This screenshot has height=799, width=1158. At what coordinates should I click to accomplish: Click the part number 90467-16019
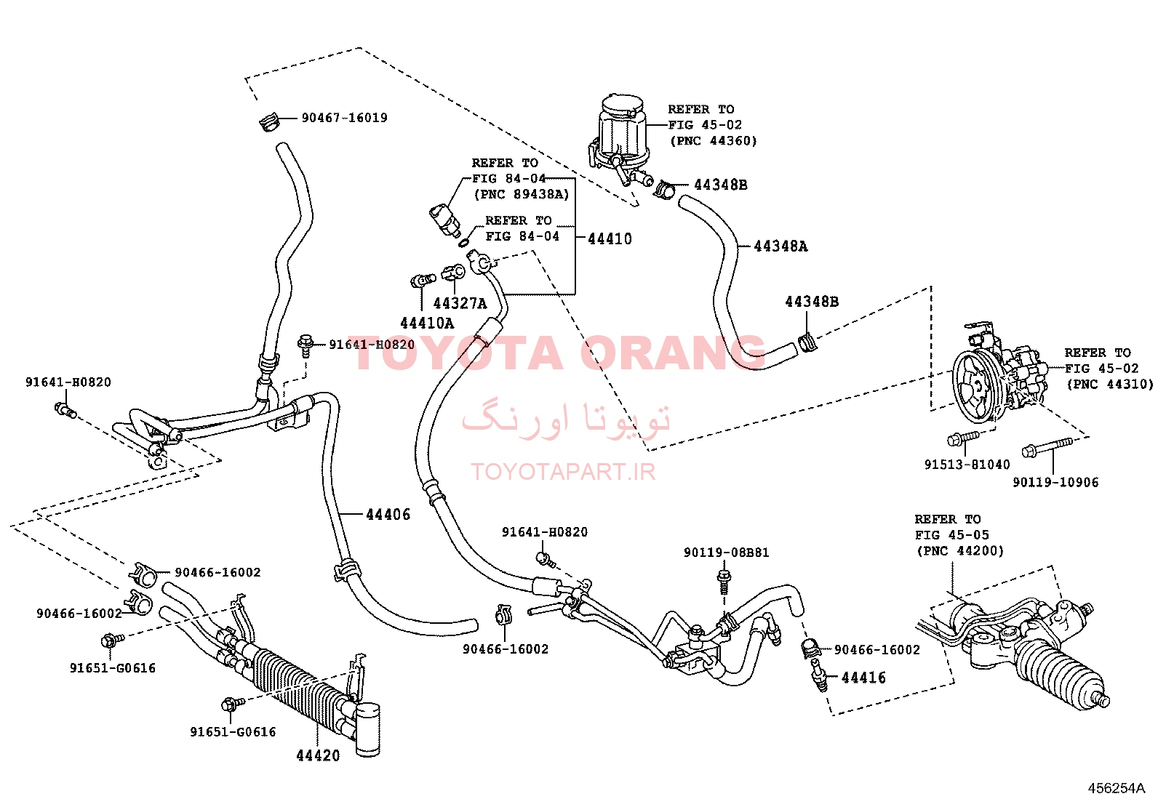pyautogui.click(x=344, y=118)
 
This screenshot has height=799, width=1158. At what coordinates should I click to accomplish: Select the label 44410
pyautogui.click(x=610, y=238)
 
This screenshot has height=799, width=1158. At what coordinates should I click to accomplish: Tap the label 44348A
pyautogui.click(x=780, y=246)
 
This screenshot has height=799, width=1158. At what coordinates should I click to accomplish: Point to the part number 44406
pyautogui.click(x=388, y=514)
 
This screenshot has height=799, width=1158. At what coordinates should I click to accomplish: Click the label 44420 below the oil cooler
pyautogui.click(x=318, y=755)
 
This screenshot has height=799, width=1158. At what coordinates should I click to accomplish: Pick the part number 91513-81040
pyautogui.click(x=967, y=465)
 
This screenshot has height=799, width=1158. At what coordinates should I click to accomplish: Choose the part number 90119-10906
pyautogui.click(x=1055, y=482)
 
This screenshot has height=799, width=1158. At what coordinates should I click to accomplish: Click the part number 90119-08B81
pyautogui.click(x=727, y=553)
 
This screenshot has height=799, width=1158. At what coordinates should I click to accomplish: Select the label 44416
pyautogui.click(x=863, y=678)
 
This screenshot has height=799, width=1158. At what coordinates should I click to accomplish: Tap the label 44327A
pyautogui.click(x=460, y=303)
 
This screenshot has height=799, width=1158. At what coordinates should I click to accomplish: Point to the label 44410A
pyautogui.click(x=427, y=323)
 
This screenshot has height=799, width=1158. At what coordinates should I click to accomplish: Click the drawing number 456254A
pyautogui.click(x=1116, y=788)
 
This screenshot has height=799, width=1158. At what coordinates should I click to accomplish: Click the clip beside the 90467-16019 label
pyautogui.click(x=269, y=123)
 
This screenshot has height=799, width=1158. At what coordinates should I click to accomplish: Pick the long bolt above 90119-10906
pyautogui.click(x=1046, y=448)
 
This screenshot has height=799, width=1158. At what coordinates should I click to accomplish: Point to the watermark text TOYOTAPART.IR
pyautogui.click(x=563, y=472)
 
